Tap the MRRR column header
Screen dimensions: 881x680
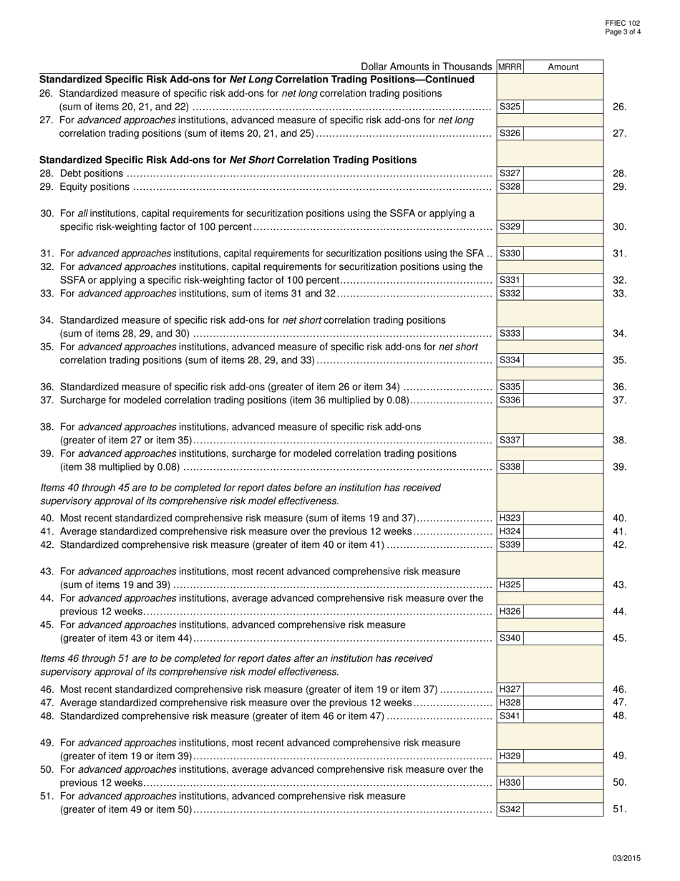[510, 67]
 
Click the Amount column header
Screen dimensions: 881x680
[563, 67]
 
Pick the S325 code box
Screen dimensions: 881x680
[510, 107]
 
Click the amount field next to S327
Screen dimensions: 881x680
[564, 173]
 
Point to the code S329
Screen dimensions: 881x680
[510, 227]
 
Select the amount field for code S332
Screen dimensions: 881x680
[564, 293]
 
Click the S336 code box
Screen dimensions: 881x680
[510, 400]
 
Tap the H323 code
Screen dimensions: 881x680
[510, 518]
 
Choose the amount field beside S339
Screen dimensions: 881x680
[564, 544]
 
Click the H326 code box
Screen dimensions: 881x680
[510, 611]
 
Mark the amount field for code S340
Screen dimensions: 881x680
[564, 637]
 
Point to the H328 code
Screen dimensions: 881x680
[510, 703]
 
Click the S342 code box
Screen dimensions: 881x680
[510, 809]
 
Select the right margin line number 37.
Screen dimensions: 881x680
[620, 400]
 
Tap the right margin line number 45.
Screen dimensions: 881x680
[620, 637]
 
